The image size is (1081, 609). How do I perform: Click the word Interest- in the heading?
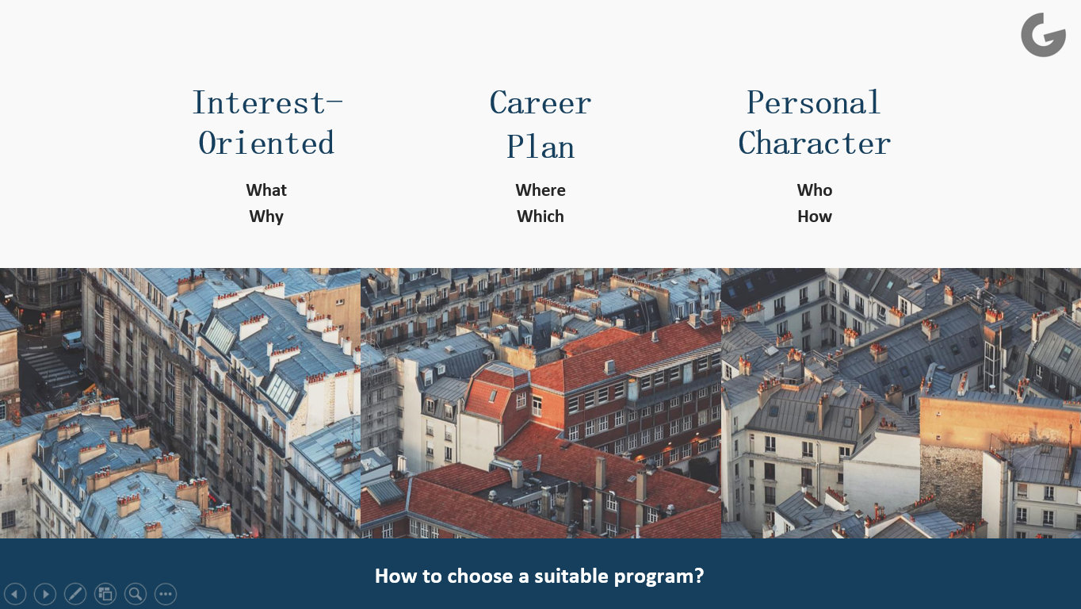(267, 102)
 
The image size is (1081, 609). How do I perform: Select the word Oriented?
(266, 143)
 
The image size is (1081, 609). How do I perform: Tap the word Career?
(540, 102)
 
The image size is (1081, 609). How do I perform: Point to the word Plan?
(540, 146)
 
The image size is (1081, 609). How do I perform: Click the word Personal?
(814, 102)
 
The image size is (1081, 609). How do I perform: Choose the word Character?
(815, 143)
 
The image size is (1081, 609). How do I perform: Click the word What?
(266, 190)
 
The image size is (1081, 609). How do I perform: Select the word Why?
(266, 216)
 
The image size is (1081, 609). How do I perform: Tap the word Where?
(540, 190)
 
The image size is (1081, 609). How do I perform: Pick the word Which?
(540, 216)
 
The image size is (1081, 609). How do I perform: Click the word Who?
(815, 190)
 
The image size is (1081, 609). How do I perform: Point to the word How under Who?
(815, 216)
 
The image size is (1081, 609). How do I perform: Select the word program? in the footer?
(659, 577)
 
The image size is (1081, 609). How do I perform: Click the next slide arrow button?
(45, 594)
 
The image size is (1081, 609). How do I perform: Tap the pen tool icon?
(75, 594)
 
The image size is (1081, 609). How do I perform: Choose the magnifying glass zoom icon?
(136, 594)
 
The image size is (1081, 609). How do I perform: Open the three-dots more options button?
(166, 594)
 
